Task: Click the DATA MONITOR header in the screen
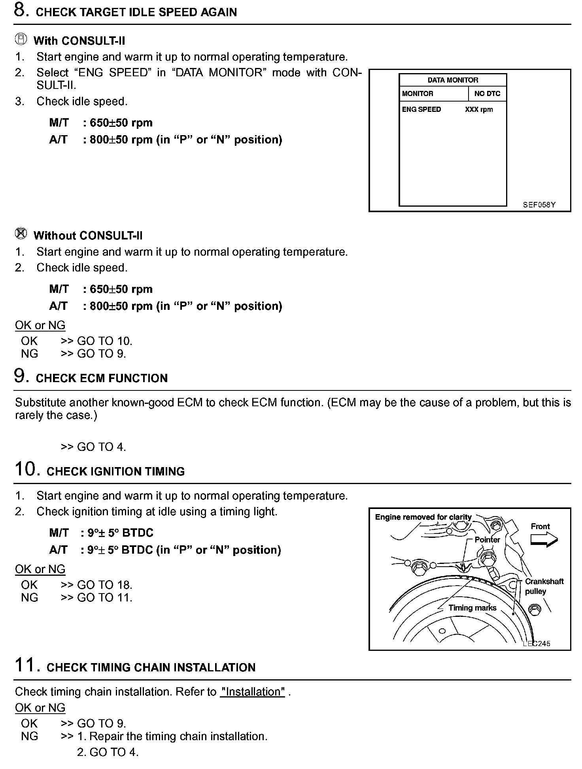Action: pyautogui.click(x=453, y=80)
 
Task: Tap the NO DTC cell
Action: pyautogui.click(x=487, y=94)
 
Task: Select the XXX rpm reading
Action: pyautogui.click(x=479, y=109)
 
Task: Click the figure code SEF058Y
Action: pyautogui.click(x=539, y=205)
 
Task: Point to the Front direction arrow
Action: pyautogui.click(x=544, y=539)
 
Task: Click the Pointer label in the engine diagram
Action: pyautogui.click(x=487, y=540)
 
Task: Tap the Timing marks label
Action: pyautogui.click(x=472, y=608)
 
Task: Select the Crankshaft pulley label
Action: pyautogui.click(x=544, y=586)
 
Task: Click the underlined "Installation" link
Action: pyautogui.click(x=253, y=692)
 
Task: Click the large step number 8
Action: pyautogui.click(x=21, y=10)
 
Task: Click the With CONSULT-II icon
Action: pyautogui.click(x=21, y=40)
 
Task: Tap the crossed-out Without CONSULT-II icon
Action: pyautogui.click(x=21, y=234)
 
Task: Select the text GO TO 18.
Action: pyautogui.click(x=104, y=585)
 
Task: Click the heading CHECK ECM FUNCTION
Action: pyautogui.click(x=102, y=378)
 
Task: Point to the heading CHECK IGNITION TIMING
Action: pyautogui.click(x=115, y=471)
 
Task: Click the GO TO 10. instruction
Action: pyautogui.click(x=104, y=341)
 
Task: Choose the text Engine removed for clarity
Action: pyautogui.click(x=423, y=517)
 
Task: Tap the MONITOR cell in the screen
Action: pyautogui.click(x=418, y=94)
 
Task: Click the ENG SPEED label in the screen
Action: pyautogui.click(x=421, y=109)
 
